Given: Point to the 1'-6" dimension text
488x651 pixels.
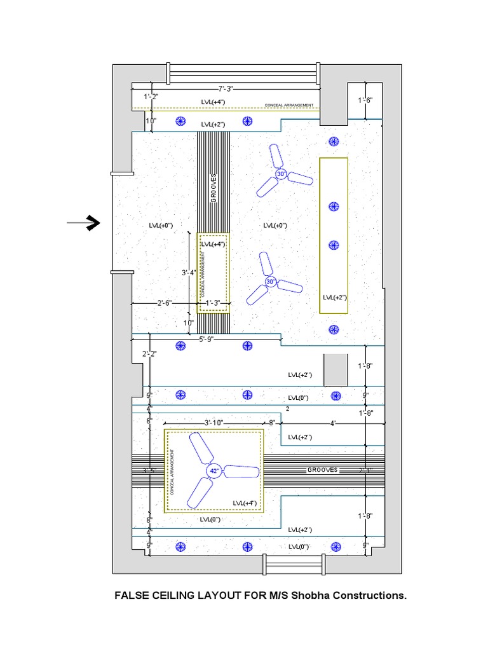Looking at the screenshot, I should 365,100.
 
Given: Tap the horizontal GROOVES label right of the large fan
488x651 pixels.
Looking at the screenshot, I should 323,470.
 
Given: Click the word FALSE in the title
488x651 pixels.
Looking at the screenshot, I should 131,596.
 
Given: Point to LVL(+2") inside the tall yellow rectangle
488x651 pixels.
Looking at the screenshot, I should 334,297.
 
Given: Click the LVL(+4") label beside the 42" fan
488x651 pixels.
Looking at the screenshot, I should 244,503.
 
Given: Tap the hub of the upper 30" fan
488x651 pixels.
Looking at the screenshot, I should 281,174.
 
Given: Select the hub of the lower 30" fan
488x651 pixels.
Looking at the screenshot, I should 271,282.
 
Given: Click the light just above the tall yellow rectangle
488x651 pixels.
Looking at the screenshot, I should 334,141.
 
